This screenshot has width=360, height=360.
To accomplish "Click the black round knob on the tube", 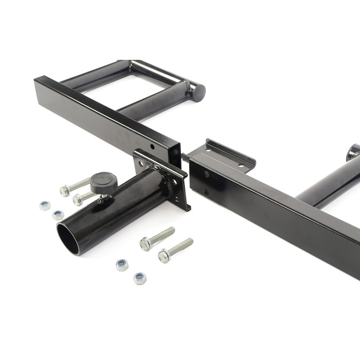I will [x=103, y=182].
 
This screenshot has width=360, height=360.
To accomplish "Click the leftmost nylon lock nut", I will [x=45, y=206].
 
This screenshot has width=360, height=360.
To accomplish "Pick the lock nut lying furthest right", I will [x=140, y=279].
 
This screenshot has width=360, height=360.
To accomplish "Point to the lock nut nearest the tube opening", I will [x=58, y=215].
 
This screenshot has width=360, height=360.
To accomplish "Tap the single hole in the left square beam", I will [x=153, y=147].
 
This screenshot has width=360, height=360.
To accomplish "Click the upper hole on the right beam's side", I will [x=206, y=174].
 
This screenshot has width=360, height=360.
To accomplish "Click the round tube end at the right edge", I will [x=353, y=152].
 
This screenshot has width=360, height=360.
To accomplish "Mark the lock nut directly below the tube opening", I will [x=121, y=265].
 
